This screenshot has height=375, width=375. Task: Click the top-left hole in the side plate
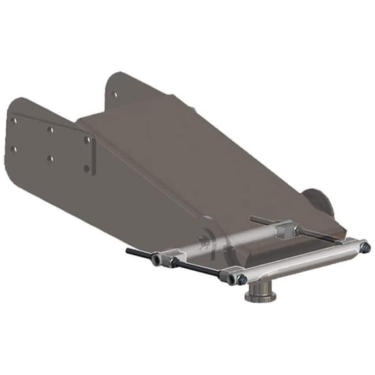14,120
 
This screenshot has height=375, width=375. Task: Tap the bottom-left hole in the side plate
14,149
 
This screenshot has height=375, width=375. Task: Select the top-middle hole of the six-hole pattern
50,129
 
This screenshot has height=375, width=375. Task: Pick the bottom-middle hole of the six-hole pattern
51,158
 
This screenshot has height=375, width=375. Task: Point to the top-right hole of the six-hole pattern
88,139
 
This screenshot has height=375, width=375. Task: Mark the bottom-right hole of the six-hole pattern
87,169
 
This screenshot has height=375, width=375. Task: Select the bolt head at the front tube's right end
366,247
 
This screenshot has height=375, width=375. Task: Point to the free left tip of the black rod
129,250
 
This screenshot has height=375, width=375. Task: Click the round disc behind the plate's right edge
318,202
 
